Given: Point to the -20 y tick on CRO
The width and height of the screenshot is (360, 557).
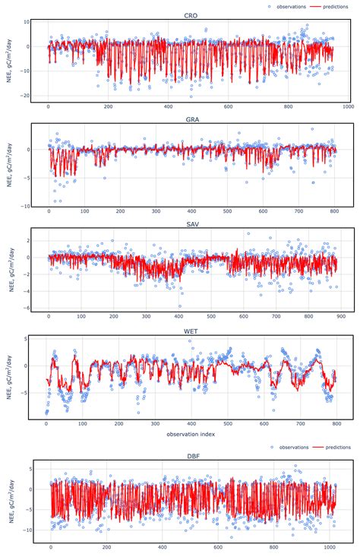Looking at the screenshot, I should point(25,96).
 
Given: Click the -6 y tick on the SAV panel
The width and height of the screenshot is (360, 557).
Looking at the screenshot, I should point(27,308).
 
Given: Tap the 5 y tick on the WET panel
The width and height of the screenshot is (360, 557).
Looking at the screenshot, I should point(27,339).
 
